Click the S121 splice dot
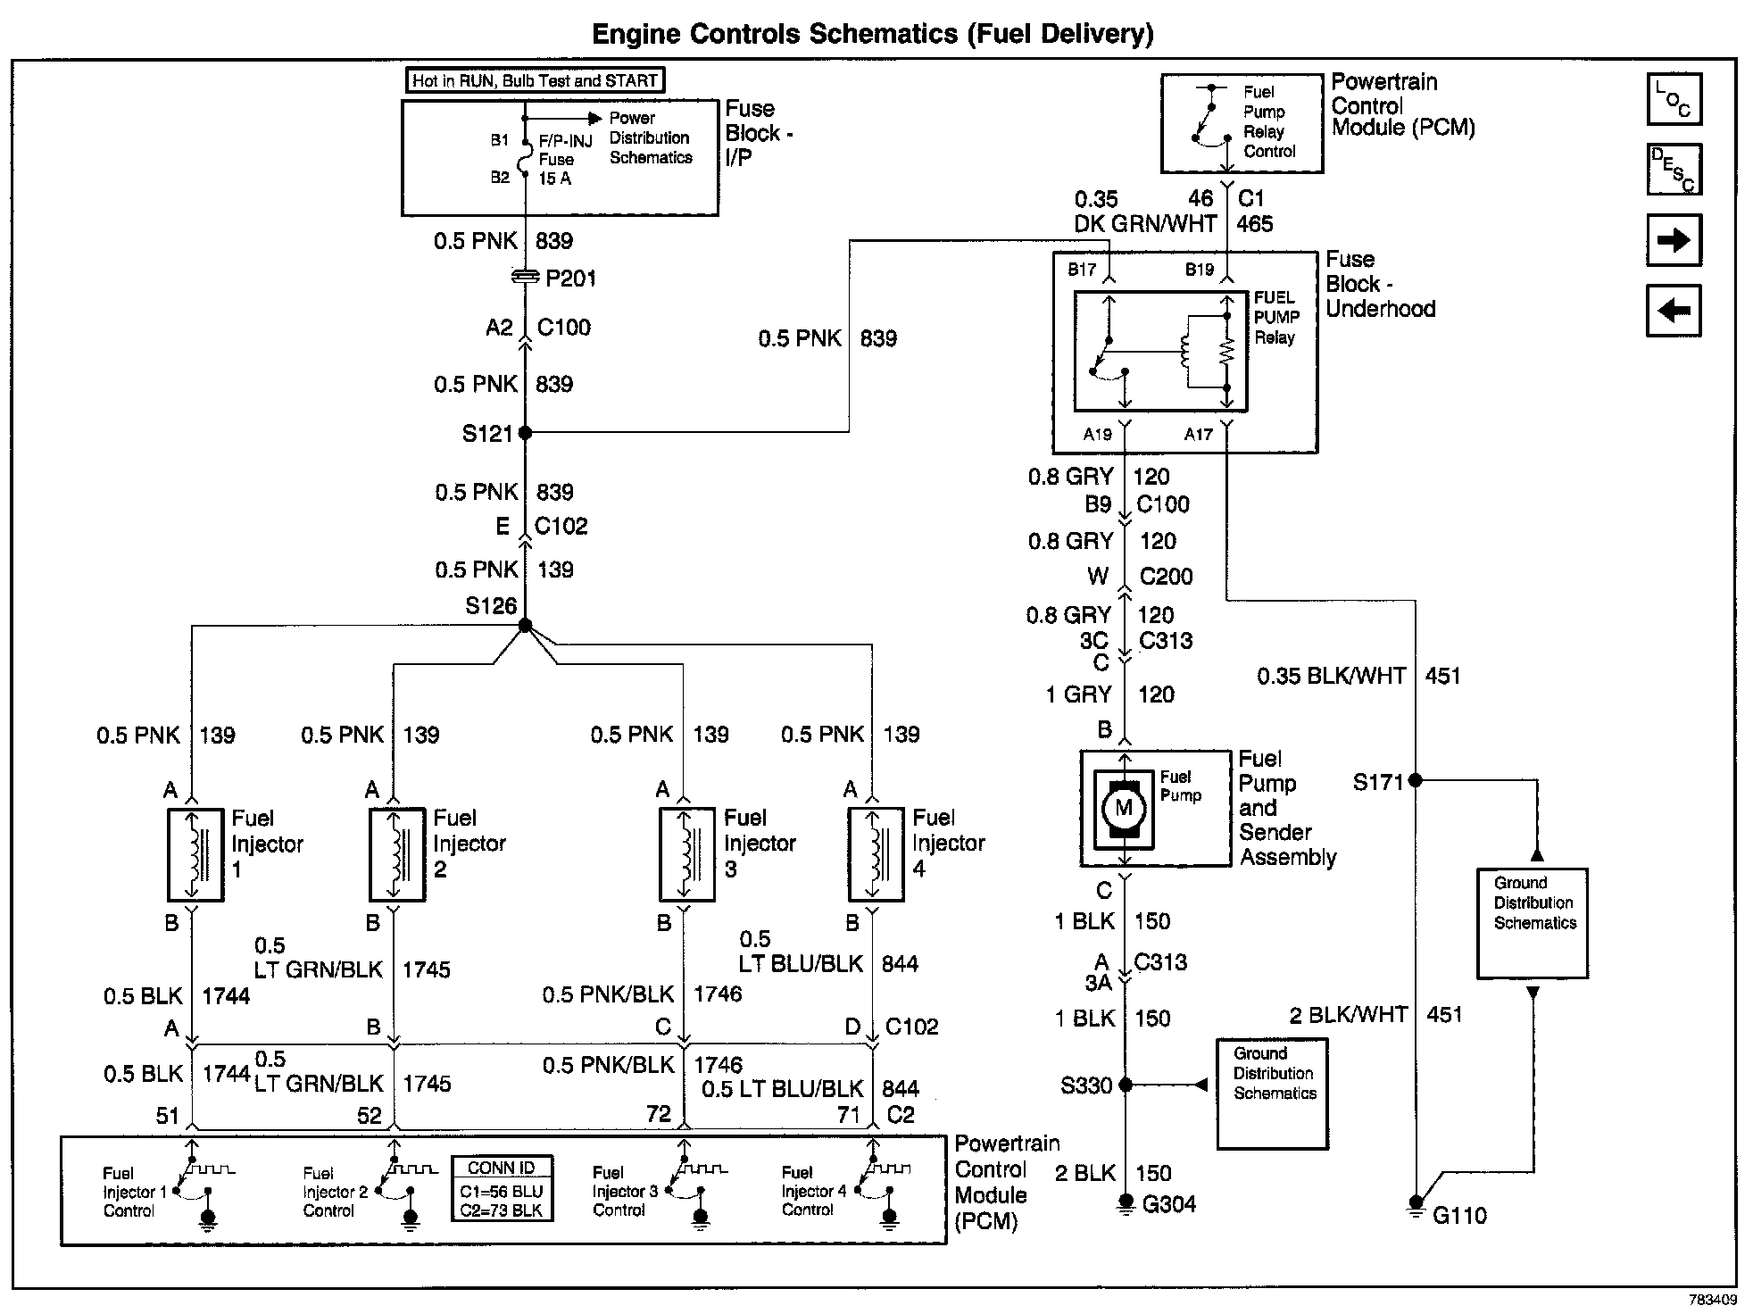525,433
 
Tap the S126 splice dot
525,625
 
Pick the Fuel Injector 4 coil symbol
876,855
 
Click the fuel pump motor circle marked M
1124,809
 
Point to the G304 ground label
1168,1204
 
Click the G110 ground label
1459,1215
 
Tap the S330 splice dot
1126,1085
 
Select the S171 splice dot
1415,781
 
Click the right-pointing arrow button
1674,240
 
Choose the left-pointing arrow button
1674,311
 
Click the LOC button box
1674,99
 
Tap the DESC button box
1674,170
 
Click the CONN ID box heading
502,1168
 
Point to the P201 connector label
570,279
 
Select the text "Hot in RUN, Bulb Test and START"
535,80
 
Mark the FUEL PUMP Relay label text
1276,317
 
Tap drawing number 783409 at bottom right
1712,1300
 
